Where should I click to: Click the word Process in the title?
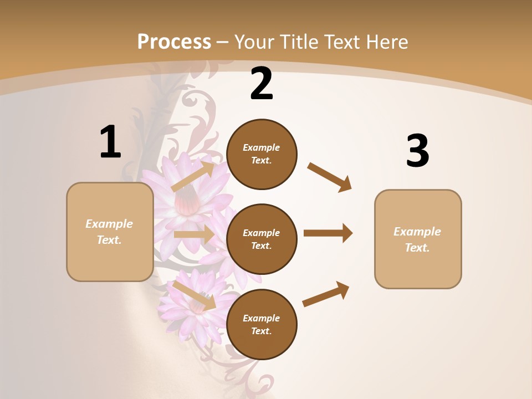click(x=174, y=42)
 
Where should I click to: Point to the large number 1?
click(x=110, y=142)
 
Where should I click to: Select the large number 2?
click(x=262, y=84)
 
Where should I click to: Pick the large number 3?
click(x=417, y=151)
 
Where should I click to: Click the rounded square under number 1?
click(x=110, y=232)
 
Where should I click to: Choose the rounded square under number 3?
click(x=418, y=239)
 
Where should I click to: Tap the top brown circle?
click(x=262, y=154)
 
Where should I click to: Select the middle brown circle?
click(x=262, y=239)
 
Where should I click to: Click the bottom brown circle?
click(x=262, y=324)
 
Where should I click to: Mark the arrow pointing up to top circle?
click(x=193, y=176)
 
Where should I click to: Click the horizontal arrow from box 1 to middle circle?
click(x=194, y=234)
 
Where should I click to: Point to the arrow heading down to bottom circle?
click(x=194, y=295)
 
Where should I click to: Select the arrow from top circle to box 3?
click(x=329, y=177)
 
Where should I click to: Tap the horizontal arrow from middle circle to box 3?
click(x=328, y=233)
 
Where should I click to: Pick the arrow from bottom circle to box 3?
click(x=326, y=294)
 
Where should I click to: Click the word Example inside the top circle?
click(x=262, y=147)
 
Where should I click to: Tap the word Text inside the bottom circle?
click(x=261, y=331)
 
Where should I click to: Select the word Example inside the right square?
click(x=417, y=232)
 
